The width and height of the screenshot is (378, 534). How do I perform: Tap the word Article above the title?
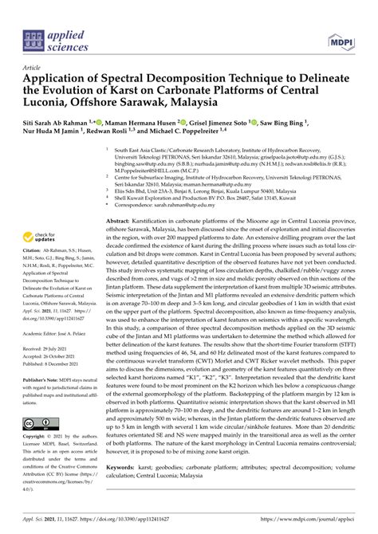(33, 69)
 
